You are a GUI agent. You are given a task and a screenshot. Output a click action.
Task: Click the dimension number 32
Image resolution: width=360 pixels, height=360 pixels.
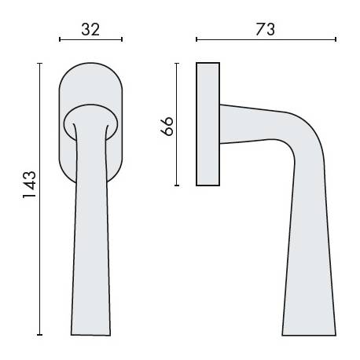pos(91,29)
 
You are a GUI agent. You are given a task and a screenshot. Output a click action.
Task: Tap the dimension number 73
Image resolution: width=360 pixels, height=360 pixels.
pos(266,29)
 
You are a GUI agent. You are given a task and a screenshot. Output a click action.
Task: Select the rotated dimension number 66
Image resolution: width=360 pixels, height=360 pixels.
pos(167,126)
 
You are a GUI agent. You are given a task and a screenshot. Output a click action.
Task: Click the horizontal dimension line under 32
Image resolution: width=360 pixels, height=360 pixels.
pos(91,39)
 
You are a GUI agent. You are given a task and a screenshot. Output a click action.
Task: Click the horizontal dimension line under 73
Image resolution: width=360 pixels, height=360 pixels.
pos(266,39)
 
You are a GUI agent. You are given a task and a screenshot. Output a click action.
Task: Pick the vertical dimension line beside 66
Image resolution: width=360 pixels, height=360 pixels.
pos(178,126)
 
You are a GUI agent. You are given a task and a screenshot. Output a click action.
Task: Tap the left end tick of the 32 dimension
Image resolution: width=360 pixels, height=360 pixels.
pos(60,39)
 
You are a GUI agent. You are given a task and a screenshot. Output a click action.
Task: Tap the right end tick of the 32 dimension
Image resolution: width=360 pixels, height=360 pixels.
pos(123,39)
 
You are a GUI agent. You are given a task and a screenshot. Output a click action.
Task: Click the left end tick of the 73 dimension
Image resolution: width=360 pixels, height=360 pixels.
pos(197,39)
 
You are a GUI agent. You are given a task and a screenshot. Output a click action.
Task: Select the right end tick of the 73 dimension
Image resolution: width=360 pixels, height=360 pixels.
pos(336,39)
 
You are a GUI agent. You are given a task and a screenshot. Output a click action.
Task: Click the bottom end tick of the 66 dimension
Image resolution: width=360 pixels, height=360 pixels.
pos(178,186)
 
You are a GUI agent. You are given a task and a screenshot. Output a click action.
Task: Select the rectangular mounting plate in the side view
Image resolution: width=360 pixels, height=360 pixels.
pos(208,124)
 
